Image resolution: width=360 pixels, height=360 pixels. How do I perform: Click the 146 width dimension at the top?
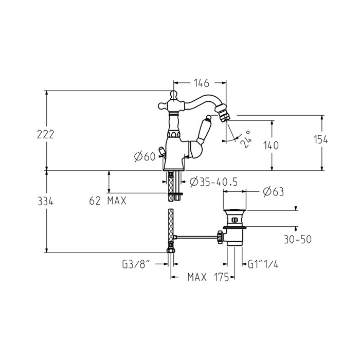click(202, 83)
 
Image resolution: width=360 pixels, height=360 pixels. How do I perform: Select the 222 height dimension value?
click(45, 134)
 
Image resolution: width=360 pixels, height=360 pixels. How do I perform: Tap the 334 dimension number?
click(45, 202)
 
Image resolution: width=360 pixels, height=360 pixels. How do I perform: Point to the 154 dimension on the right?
click(321, 139)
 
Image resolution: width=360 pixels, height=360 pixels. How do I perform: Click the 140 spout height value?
click(271, 146)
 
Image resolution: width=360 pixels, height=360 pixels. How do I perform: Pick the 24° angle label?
click(246, 139)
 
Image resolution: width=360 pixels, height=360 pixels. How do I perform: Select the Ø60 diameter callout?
click(145, 156)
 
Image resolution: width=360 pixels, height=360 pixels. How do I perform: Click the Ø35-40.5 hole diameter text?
click(214, 182)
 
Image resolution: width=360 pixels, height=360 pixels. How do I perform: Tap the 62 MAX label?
click(107, 201)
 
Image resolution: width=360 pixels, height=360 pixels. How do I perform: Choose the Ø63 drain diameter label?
click(273, 192)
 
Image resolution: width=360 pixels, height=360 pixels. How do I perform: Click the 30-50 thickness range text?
click(298, 240)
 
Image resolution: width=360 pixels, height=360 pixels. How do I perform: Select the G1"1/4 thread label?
click(263, 264)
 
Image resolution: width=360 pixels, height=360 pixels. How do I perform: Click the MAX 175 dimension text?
click(208, 277)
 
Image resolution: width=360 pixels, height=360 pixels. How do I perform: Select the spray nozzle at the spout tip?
click(222, 113)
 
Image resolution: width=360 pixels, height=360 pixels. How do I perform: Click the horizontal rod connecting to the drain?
click(197, 237)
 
